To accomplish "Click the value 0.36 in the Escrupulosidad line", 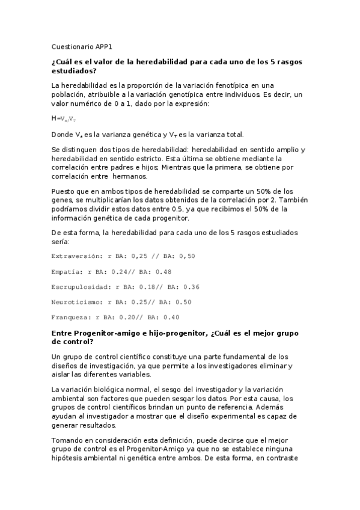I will click(191, 286).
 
